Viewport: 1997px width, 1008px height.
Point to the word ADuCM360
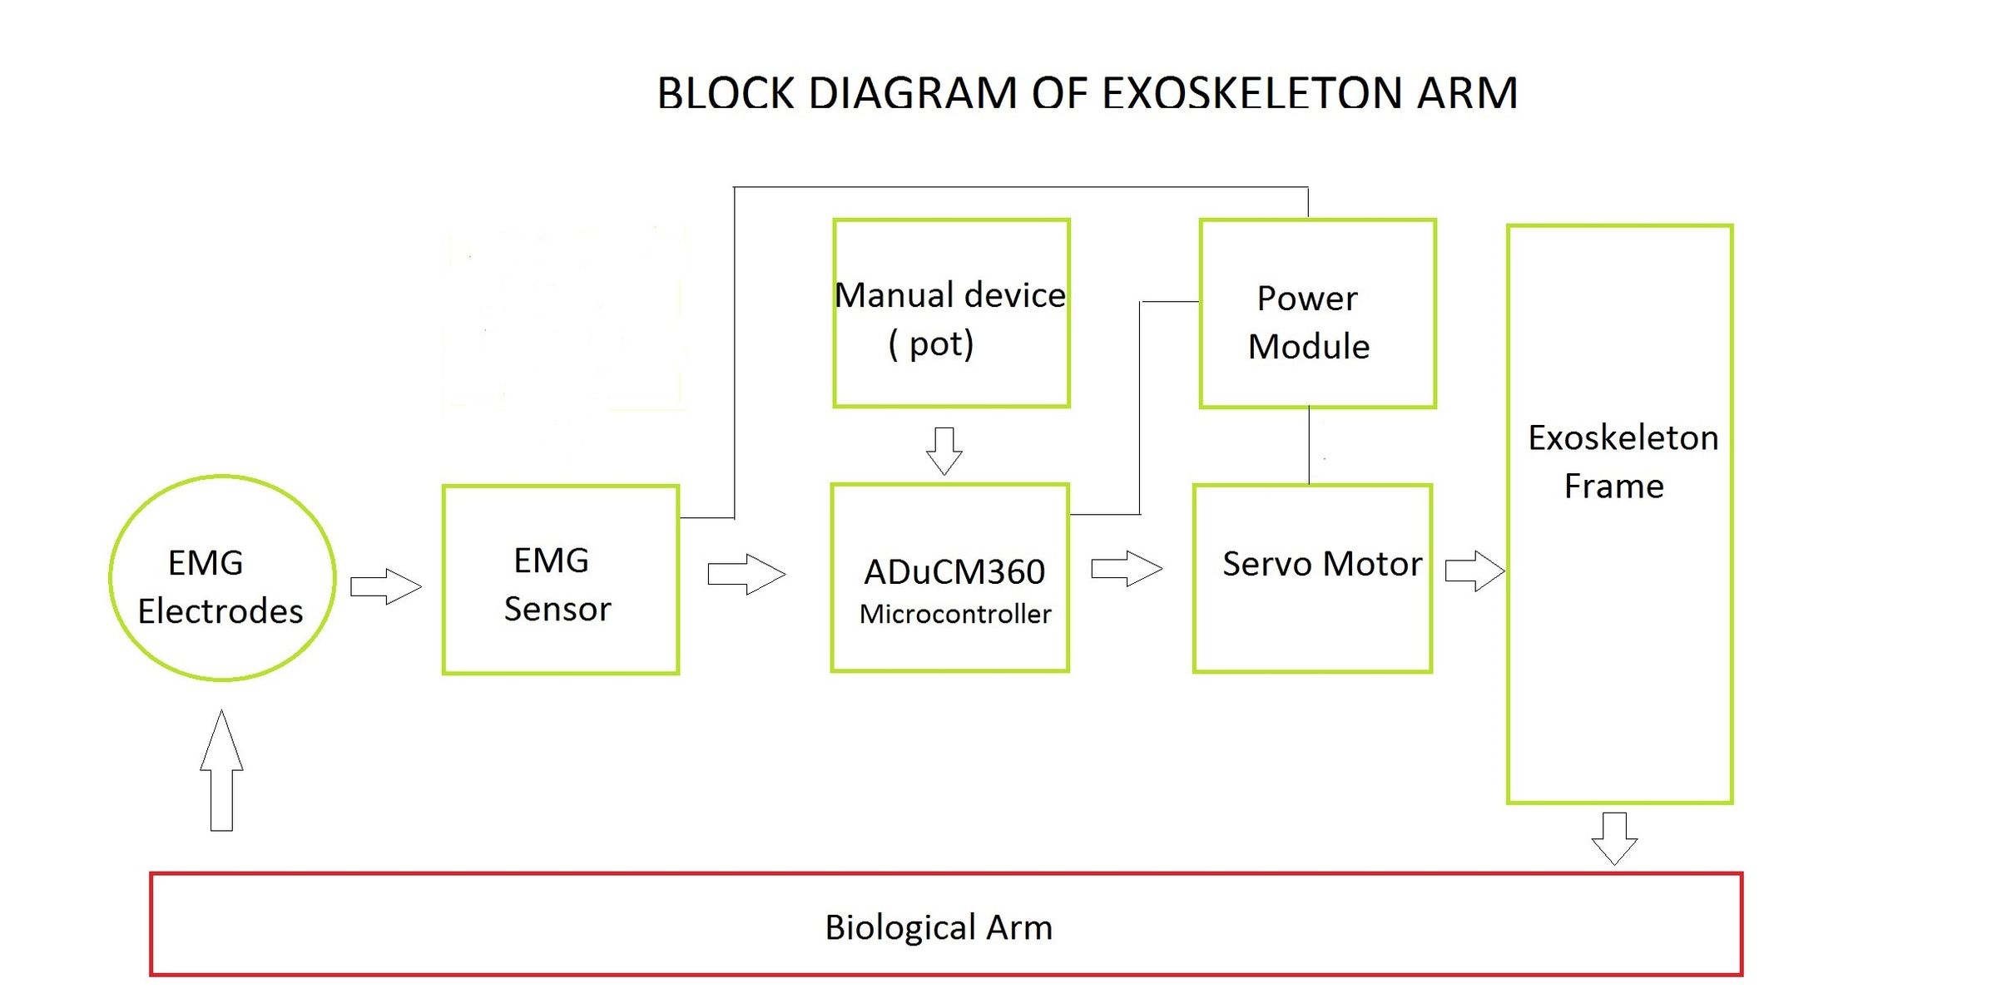(x=954, y=572)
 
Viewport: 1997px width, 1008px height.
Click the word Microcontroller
(x=955, y=615)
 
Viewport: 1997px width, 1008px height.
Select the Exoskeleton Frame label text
(x=1621, y=462)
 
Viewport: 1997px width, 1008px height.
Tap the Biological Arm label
(x=939, y=927)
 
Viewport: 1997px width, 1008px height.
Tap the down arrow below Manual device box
(x=944, y=451)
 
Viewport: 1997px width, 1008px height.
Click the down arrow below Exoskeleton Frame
(x=1614, y=838)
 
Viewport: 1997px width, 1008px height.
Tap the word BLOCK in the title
(x=726, y=93)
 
